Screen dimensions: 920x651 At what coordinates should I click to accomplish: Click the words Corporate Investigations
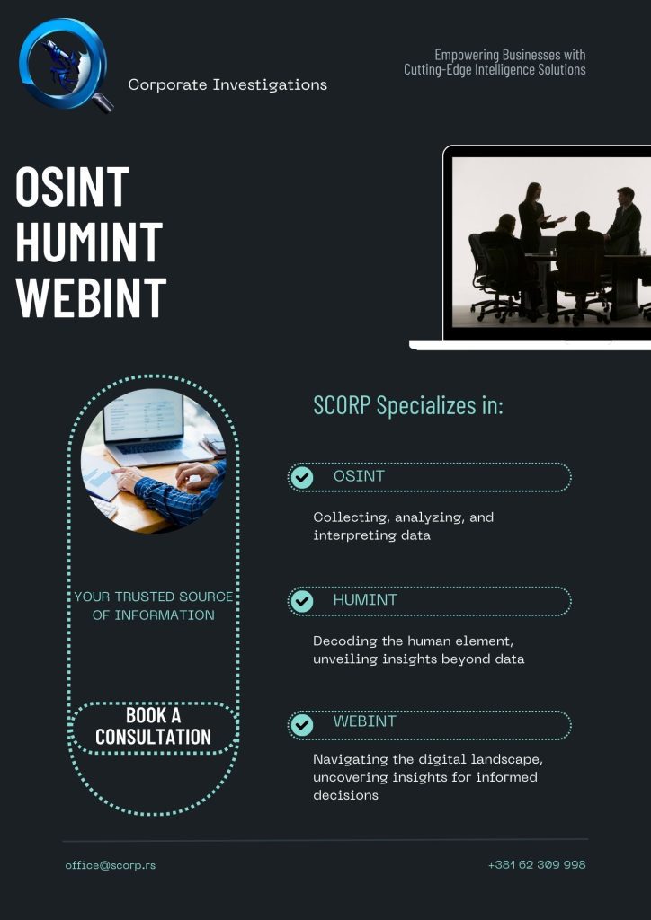click(x=227, y=85)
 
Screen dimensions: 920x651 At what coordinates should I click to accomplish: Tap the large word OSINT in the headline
click(x=73, y=187)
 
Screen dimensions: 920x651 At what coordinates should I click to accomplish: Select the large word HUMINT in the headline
click(x=89, y=242)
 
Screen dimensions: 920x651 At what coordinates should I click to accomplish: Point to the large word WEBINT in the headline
click(x=92, y=296)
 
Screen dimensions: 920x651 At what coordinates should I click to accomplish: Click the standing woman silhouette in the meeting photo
click(x=531, y=216)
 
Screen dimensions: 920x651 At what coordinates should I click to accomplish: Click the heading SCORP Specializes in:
click(x=408, y=405)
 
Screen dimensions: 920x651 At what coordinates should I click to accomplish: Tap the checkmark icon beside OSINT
click(x=302, y=477)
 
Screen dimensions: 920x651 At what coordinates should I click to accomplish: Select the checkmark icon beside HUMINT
click(x=302, y=601)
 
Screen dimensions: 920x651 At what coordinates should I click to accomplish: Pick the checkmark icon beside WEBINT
click(x=302, y=724)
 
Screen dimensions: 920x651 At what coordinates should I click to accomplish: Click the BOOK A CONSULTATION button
click(x=153, y=726)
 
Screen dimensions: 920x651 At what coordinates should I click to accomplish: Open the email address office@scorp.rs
click(x=110, y=865)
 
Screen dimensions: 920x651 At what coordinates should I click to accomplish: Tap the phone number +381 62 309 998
click(x=537, y=865)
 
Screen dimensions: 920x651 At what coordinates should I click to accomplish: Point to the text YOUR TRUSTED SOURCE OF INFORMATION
click(x=153, y=606)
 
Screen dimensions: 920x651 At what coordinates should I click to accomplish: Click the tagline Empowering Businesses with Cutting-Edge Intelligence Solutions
click(x=495, y=62)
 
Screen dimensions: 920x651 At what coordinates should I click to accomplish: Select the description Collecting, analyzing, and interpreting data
click(x=403, y=526)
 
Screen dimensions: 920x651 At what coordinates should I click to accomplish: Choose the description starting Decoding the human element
click(x=418, y=650)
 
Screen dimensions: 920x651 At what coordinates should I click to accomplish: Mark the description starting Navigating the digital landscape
click(x=424, y=776)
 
